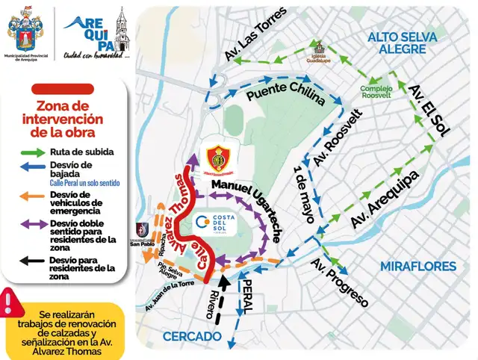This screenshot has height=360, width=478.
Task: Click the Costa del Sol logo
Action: (x=218, y=223)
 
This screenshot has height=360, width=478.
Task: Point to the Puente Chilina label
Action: (x=286, y=94)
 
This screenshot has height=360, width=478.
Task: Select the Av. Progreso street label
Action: (x=340, y=283)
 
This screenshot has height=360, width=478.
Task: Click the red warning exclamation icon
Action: (x=9, y=302)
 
